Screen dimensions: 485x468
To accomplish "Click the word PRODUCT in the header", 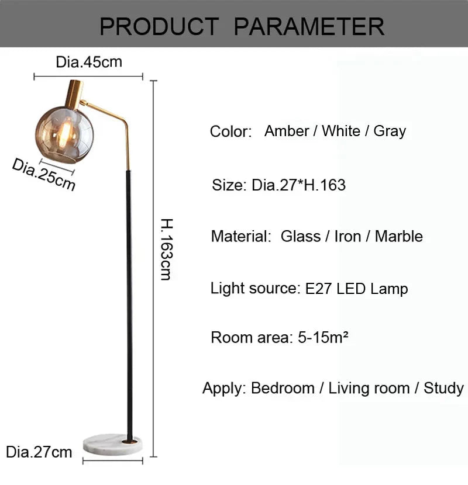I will click(x=159, y=26).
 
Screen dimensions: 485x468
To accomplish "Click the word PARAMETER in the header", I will click(x=309, y=26).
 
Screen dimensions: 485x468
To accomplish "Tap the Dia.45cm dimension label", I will click(x=89, y=62).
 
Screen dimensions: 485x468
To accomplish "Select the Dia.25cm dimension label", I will click(x=44, y=174).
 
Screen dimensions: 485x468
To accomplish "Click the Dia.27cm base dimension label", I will click(x=39, y=452).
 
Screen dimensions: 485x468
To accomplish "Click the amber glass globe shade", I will click(x=64, y=134).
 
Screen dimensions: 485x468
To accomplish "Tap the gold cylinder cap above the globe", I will click(x=74, y=93).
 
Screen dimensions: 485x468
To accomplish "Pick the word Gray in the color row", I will click(x=390, y=131).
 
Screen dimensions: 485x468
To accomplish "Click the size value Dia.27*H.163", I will click(x=298, y=185).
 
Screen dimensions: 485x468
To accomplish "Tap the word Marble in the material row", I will click(x=398, y=236).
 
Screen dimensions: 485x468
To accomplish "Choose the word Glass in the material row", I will click(x=300, y=236).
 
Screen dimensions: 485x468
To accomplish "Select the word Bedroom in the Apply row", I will click(x=283, y=388).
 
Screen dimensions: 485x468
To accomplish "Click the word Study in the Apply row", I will click(x=443, y=388).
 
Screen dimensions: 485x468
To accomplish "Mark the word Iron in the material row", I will click(x=347, y=236).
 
